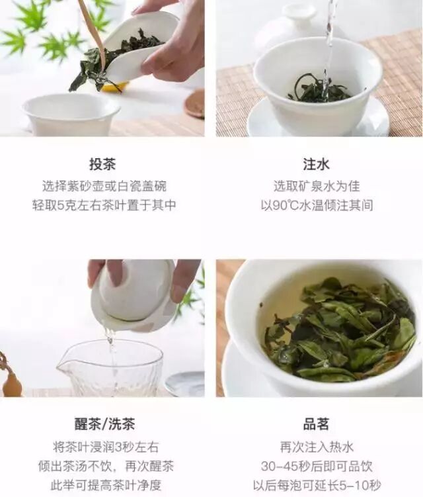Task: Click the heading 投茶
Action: [x=102, y=164]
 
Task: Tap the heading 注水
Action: [x=317, y=164]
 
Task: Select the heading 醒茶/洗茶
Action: [x=105, y=424]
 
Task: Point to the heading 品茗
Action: [x=317, y=424]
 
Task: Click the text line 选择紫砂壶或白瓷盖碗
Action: [x=104, y=186]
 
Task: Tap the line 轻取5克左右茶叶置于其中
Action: [x=104, y=205]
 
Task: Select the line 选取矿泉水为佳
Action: [x=317, y=186]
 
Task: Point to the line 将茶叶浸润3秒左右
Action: [x=106, y=447]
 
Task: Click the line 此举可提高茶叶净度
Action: [x=106, y=485]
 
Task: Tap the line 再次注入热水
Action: [x=317, y=447]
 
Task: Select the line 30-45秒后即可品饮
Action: [x=317, y=466]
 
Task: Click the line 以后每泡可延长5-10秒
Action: [x=317, y=485]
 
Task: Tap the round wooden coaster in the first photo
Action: [x=195, y=105]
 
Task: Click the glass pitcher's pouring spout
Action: [x=63, y=367]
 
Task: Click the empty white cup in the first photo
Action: [x=71, y=114]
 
